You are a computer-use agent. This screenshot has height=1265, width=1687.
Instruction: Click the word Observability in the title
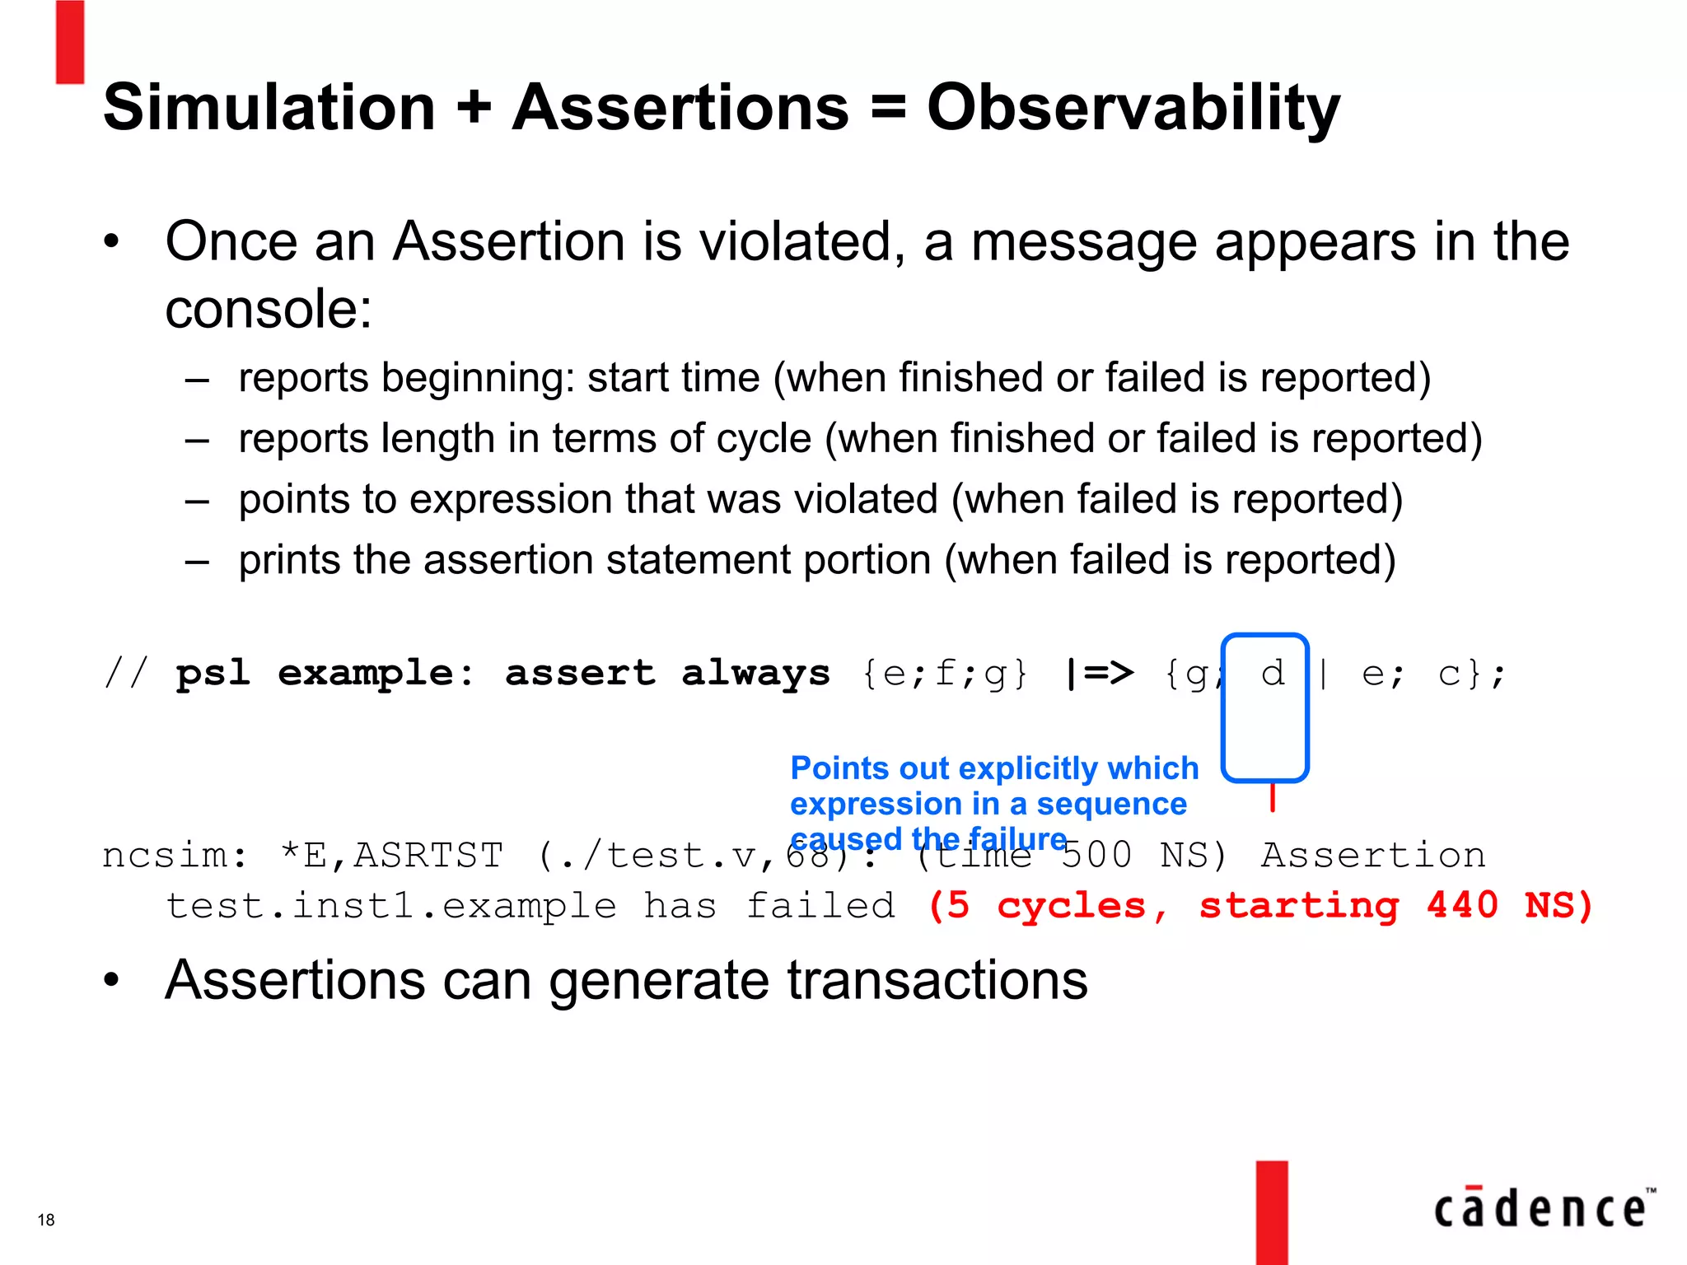[x=1133, y=109]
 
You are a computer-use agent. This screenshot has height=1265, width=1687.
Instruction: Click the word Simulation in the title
[x=269, y=107]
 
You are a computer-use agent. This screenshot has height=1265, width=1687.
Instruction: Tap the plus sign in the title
[x=474, y=109]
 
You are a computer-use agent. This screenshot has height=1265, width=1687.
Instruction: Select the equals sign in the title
[x=887, y=107]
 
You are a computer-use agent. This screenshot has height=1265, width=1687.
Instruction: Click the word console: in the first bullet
[x=269, y=310]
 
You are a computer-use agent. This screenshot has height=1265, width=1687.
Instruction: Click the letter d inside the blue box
[x=1272, y=674]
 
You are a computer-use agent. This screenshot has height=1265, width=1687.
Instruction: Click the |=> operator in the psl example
[x=1100, y=674]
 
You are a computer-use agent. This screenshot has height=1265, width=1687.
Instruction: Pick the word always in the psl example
[x=755, y=674]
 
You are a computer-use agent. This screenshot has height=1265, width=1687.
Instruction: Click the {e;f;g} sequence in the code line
[x=945, y=674]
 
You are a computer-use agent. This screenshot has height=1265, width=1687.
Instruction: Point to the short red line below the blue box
[x=1272, y=797]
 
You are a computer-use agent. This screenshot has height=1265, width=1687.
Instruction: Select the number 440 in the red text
[x=1462, y=905]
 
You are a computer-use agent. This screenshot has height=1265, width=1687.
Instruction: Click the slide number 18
[x=46, y=1220]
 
